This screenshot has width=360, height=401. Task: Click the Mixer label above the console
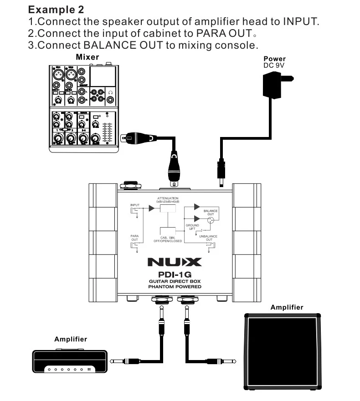tap(87, 57)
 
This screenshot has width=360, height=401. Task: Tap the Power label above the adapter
tap(274, 59)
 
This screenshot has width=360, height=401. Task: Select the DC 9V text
tap(274, 65)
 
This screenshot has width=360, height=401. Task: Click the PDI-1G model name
tap(174, 274)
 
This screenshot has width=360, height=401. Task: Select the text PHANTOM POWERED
tap(175, 287)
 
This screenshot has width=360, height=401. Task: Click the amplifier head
tap(70, 360)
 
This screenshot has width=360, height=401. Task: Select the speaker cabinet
tap(281, 351)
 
